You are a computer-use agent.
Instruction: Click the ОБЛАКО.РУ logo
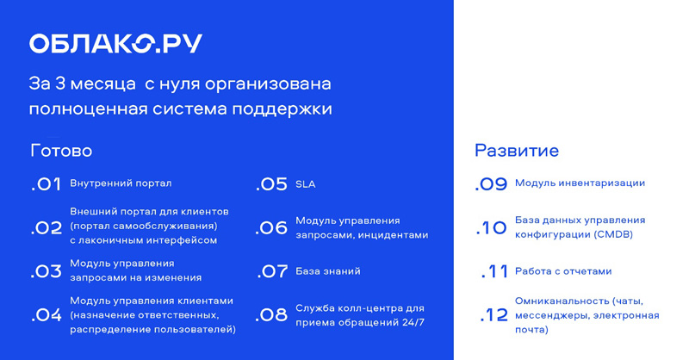(115, 44)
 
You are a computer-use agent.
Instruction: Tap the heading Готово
(61, 151)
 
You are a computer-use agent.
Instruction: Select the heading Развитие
(517, 151)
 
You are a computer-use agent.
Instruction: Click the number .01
(46, 184)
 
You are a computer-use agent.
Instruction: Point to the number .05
(271, 184)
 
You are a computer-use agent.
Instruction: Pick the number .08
(271, 314)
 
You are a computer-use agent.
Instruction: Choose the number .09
(491, 183)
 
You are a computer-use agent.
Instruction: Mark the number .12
(493, 314)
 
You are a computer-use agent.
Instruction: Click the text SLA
(306, 184)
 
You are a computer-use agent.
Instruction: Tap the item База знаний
(328, 271)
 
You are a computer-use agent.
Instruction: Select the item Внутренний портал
(121, 183)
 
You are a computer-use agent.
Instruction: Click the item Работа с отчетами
(563, 271)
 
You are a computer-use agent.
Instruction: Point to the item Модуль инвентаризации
(580, 183)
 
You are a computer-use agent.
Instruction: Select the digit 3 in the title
(60, 84)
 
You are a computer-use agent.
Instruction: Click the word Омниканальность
(562, 301)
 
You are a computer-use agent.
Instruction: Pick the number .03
(46, 271)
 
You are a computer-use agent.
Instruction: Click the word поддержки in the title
(282, 109)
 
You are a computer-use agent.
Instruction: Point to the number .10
(492, 227)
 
